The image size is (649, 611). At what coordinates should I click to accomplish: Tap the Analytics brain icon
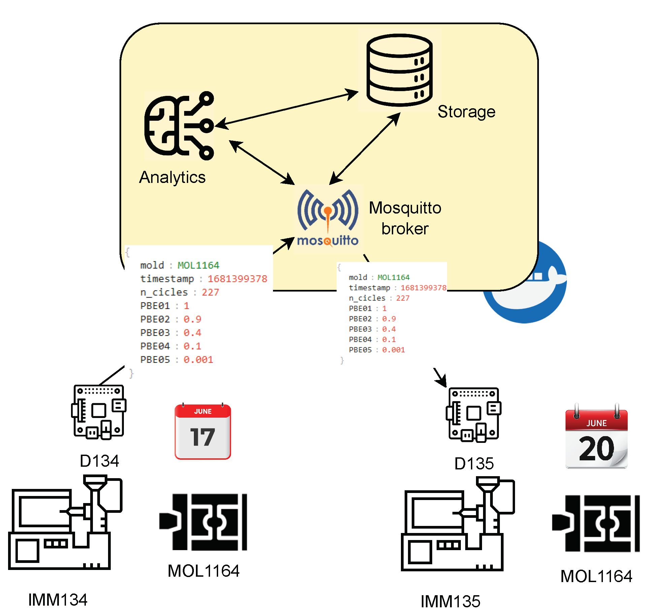tap(179, 125)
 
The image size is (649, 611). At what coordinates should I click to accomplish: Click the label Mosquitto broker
tap(405, 218)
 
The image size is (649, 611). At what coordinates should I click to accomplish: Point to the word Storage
tap(466, 112)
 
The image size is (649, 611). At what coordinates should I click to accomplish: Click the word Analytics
tap(172, 177)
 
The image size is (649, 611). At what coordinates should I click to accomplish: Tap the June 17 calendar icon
tap(203, 432)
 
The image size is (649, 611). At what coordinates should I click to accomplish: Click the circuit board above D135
tap(474, 415)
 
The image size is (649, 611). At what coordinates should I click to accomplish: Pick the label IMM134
tap(58, 600)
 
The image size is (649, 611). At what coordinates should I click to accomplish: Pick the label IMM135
tap(450, 601)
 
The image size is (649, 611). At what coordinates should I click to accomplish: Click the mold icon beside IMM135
tap(596, 524)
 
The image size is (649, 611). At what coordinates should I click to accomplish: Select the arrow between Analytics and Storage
tap(286, 109)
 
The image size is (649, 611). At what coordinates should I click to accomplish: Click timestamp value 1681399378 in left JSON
tap(237, 279)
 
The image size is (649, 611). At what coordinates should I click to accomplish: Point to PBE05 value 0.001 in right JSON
tap(393, 350)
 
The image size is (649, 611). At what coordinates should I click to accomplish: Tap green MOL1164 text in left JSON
tap(198, 265)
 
